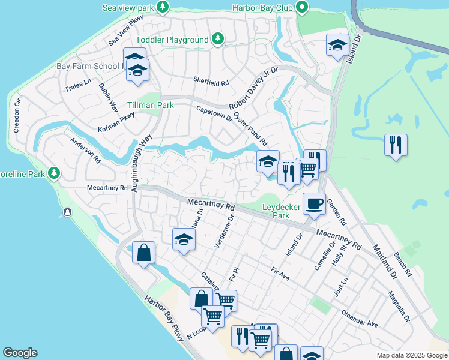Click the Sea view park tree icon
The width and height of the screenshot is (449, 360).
[x=163, y=7]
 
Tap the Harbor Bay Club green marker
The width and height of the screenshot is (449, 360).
[x=301, y=8]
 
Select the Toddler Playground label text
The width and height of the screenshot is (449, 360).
[x=172, y=40]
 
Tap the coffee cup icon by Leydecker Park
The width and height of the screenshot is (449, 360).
[x=314, y=205]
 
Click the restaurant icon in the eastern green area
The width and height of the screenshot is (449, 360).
[x=396, y=145]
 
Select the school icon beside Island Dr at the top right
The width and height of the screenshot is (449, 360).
[x=337, y=45]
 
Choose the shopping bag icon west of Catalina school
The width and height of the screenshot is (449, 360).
[x=144, y=253]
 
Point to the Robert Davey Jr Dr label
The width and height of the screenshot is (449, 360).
[x=253, y=89]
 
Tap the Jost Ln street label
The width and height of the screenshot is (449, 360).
[x=340, y=287]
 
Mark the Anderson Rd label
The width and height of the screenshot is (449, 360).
[x=85, y=151]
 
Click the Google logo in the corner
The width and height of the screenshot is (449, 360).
[x=20, y=353]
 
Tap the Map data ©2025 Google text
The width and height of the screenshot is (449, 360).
[x=411, y=355]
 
